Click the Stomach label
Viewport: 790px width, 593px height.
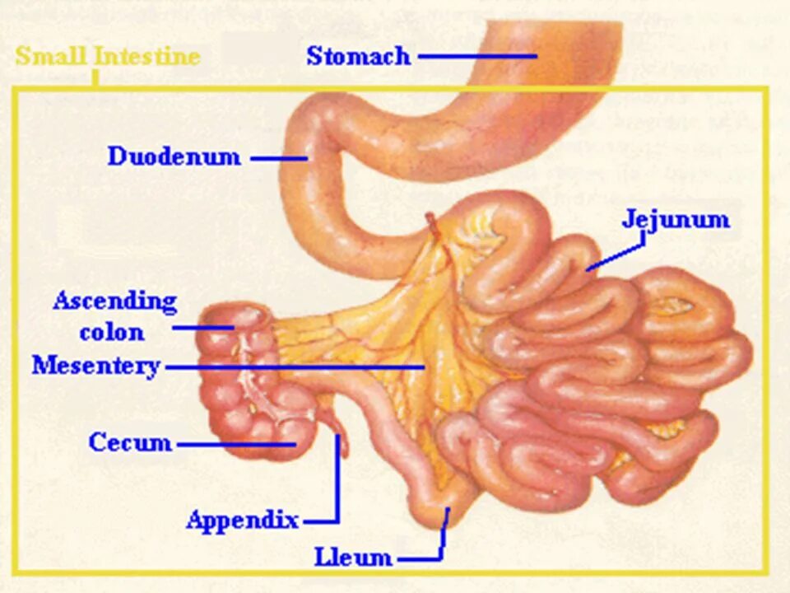click(x=358, y=56)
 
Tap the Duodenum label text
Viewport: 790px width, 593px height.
click(x=174, y=156)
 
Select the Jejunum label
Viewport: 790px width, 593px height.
click(x=676, y=220)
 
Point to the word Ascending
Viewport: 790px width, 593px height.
click(x=114, y=301)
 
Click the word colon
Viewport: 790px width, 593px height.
click(x=112, y=333)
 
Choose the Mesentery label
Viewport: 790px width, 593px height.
click(x=95, y=365)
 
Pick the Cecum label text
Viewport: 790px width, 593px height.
click(x=130, y=442)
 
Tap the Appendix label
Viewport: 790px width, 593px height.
click(x=242, y=521)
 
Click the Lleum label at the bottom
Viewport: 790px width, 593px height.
click(x=353, y=558)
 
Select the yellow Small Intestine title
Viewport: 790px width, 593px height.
click(x=108, y=57)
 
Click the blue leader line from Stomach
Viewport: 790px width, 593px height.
click(x=477, y=57)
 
